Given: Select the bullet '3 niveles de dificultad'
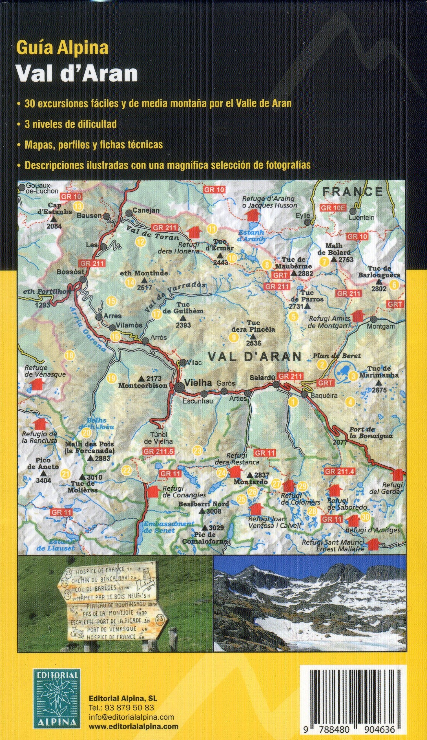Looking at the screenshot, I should coord(71,124).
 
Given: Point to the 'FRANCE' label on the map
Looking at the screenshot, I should coord(353,191).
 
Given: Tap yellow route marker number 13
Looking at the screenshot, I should coord(78,206).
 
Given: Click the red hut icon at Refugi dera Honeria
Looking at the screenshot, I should coord(194,232).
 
